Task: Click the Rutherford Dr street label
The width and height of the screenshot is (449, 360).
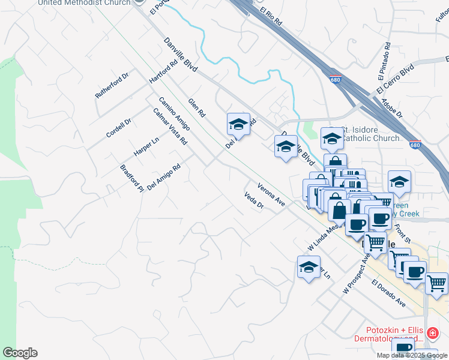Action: [112, 86]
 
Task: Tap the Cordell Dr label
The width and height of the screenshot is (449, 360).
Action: [118, 128]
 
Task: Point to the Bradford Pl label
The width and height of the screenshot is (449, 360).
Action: [131, 178]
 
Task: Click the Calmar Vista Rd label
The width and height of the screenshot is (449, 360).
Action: [170, 127]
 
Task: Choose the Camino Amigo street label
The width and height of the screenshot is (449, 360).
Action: [174, 113]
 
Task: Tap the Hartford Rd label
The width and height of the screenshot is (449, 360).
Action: [164, 71]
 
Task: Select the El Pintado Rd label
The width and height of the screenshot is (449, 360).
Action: [384, 61]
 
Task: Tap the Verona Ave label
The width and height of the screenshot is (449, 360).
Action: [271, 194]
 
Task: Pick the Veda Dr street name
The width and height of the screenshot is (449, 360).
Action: [254, 200]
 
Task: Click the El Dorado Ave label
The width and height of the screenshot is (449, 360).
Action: [388, 293]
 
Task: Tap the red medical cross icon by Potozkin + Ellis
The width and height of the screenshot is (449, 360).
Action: [431, 332]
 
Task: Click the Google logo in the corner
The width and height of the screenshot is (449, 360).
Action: [20, 353]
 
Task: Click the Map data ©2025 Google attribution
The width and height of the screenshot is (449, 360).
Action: [412, 355]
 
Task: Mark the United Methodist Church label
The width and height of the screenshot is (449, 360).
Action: [84, 3]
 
